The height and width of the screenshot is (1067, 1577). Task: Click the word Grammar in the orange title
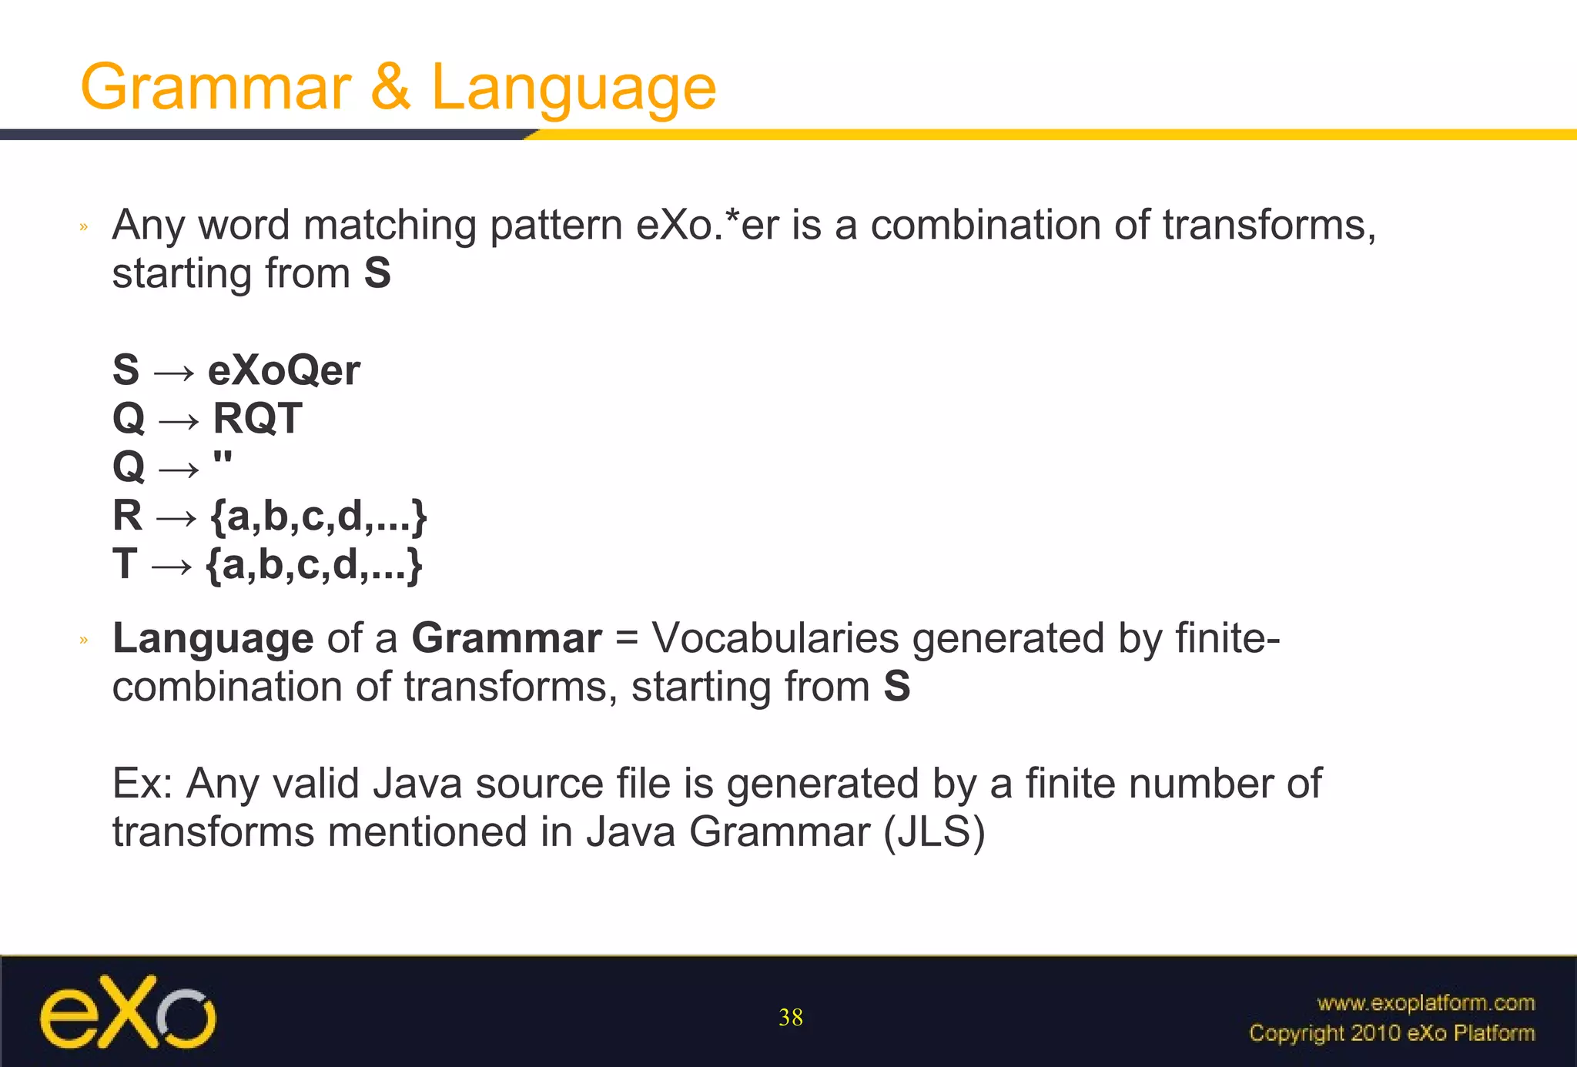[x=216, y=86]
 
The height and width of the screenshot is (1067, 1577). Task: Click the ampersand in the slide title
[x=390, y=86]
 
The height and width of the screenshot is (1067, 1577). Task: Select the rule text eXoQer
[x=283, y=370]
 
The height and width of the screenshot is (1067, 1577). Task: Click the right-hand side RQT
[x=257, y=419]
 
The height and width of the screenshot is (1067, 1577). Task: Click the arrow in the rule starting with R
[x=176, y=517]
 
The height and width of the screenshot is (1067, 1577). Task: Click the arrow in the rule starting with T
[x=171, y=566]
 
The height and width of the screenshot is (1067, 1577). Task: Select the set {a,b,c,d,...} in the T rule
[x=314, y=565]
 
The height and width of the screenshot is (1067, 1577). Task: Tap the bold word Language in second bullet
[x=213, y=639]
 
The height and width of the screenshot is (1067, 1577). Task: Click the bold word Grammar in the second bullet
[x=506, y=639]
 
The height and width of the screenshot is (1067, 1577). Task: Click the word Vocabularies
[x=775, y=639]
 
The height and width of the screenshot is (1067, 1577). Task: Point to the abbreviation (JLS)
[x=934, y=832]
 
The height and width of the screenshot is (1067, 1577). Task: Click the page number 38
[x=790, y=1018]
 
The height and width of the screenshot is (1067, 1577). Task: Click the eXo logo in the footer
[x=128, y=1012]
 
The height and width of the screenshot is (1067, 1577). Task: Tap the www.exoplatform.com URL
[x=1426, y=1003]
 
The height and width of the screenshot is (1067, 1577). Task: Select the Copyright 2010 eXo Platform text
[x=1391, y=1033]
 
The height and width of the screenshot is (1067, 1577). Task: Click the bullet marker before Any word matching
[x=84, y=226]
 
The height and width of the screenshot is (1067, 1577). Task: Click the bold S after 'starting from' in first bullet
[x=377, y=274]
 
